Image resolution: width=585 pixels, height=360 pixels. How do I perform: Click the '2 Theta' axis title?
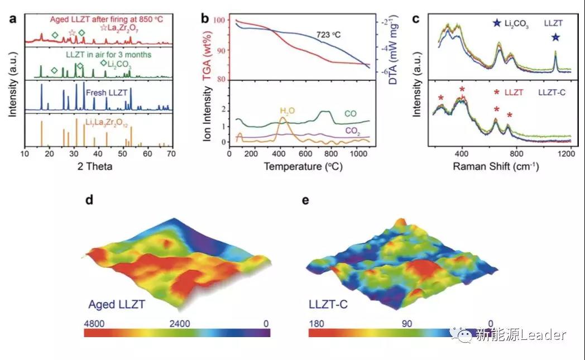coord(96,166)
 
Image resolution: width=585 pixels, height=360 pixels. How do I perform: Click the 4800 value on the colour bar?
coord(94,323)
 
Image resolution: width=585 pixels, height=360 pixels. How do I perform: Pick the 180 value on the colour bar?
coord(317,323)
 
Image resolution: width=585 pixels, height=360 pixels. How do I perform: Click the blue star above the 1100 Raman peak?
coord(555,38)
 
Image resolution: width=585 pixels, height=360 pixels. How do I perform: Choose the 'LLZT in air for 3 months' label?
coord(95,55)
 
